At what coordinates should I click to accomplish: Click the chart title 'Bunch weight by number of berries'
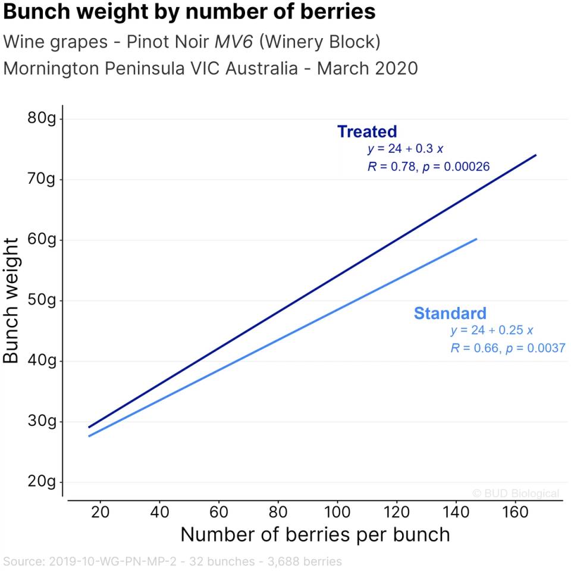(x=189, y=12)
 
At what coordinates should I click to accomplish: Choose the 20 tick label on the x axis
(x=100, y=513)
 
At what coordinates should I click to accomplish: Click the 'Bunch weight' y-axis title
(x=12, y=300)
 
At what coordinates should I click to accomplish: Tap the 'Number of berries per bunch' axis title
(x=315, y=535)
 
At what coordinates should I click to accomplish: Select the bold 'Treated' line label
(x=367, y=131)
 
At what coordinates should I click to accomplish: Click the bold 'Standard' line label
(x=450, y=313)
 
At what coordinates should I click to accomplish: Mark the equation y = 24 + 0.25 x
(x=492, y=331)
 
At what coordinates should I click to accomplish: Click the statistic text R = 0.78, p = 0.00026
(x=428, y=167)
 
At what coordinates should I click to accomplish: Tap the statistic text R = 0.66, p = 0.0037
(x=507, y=349)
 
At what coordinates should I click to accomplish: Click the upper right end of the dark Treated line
(x=535, y=155)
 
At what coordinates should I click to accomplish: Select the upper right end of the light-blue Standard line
(x=476, y=239)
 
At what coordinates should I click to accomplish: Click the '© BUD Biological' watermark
(x=516, y=493)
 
